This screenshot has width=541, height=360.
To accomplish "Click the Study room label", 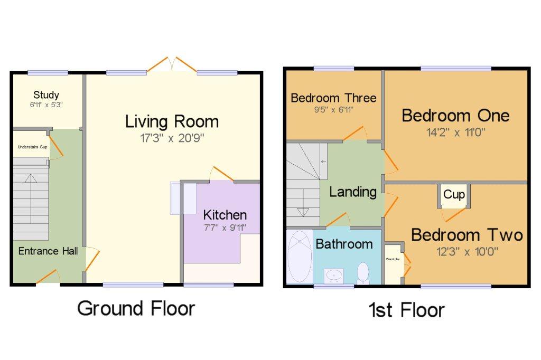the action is pos(46,95).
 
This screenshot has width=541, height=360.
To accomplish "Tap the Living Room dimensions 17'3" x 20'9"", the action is pos(172,138).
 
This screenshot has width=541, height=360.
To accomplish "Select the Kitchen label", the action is pos(225,215).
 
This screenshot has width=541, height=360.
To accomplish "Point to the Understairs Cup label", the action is pos(32,147).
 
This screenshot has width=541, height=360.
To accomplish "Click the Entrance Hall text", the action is pos(48,251).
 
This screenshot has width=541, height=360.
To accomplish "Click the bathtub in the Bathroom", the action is pos(300,257).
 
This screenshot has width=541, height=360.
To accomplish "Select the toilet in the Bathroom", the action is pos(363,273).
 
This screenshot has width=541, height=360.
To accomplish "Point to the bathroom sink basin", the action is pos(334,276).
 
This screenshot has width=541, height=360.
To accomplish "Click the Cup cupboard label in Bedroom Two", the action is pos(454,194).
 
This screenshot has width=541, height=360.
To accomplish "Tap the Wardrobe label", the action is pos(393,259).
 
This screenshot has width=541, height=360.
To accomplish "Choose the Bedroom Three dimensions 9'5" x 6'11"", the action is pos(334,110).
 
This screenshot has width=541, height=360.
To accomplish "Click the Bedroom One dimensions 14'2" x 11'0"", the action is pos(456,132).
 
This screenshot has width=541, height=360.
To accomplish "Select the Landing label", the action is pos(352,192).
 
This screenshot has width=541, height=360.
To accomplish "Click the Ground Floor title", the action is pos(136,308).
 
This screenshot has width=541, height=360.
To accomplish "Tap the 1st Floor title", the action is pos(406,310).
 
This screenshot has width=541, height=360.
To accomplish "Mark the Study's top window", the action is pos(48,73).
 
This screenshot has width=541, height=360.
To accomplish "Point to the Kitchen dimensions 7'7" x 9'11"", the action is pos(225,228).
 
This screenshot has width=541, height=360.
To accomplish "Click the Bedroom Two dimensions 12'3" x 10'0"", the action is pos(467,252).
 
